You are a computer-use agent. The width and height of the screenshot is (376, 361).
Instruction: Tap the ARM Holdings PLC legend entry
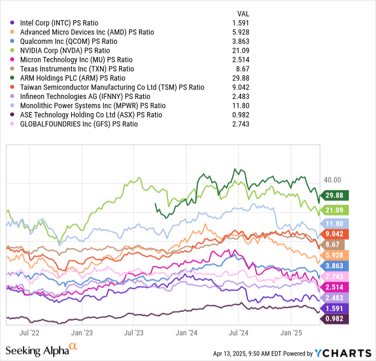[x=73, y=78]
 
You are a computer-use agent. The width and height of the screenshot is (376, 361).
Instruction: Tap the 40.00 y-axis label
[x=334, y=180]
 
